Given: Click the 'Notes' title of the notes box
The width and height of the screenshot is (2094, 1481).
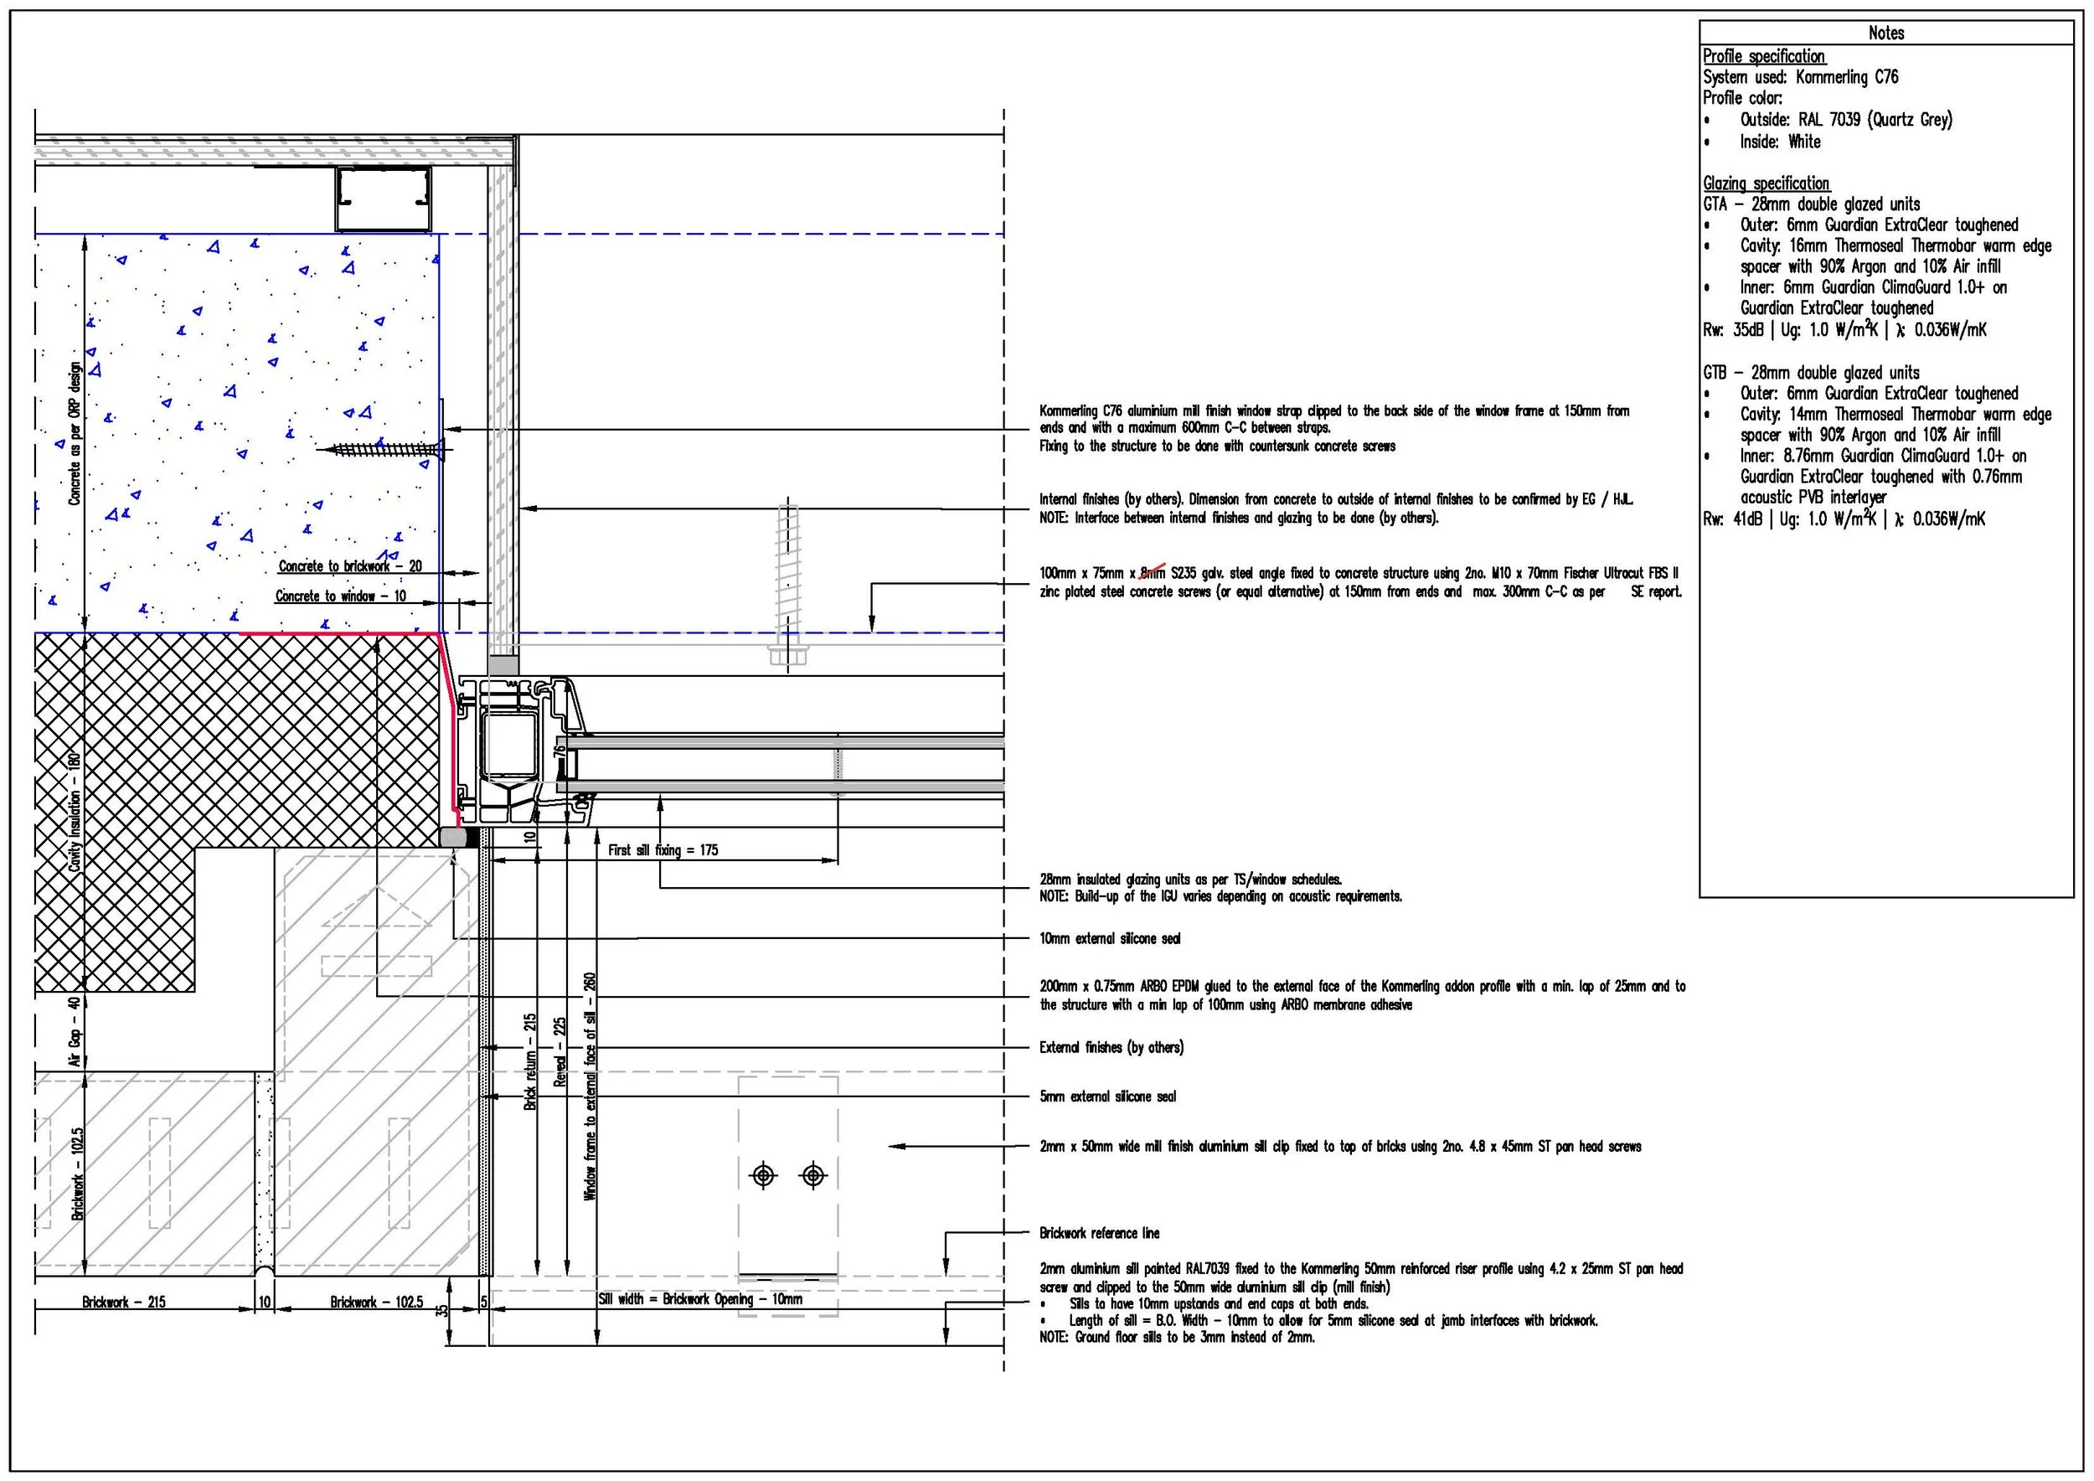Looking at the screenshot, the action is coord(1886,33).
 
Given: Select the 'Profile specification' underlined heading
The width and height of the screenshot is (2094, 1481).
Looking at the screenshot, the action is coord(1764,55).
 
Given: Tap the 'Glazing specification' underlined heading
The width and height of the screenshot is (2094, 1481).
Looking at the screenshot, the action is coord(1766,183).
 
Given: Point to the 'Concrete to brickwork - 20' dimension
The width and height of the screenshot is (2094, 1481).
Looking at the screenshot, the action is coord(350,566).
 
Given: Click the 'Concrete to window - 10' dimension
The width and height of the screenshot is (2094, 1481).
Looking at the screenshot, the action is coord(341,596).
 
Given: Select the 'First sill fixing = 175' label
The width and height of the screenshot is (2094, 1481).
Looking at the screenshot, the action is coord(663,850).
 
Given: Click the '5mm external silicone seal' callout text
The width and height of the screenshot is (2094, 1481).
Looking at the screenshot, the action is coord(1108,1097).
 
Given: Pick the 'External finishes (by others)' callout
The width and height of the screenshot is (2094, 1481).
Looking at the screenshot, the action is coord(1111,1047).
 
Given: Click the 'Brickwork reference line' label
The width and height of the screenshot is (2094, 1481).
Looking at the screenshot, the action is coord(1100,1233).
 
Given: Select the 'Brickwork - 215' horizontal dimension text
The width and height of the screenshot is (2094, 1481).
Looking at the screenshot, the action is coord(124,1303).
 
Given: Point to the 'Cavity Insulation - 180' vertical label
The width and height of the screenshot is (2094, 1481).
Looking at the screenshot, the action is coord(75,811).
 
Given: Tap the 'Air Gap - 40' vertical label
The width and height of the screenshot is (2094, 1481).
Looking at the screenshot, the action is coord(75,1031).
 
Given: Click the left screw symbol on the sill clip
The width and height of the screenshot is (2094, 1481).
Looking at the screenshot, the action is coord(763,1175).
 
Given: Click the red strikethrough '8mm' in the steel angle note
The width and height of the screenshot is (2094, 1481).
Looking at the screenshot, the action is coord(1153,573).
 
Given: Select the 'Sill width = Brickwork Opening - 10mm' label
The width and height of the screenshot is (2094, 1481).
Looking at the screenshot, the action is coord(700,1298).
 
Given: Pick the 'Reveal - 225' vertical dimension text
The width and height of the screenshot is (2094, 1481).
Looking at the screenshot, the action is coord(560,1051).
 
